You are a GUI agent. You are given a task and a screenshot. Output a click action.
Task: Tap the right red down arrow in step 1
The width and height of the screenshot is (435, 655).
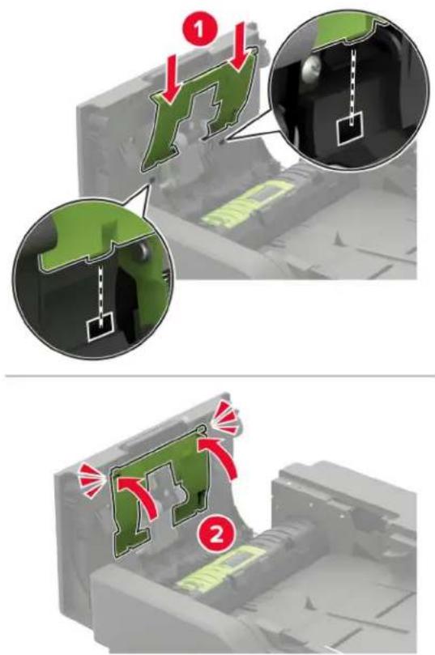tap(239, 47)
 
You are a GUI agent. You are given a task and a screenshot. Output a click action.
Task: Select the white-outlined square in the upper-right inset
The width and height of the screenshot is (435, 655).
tap(351, 130)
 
